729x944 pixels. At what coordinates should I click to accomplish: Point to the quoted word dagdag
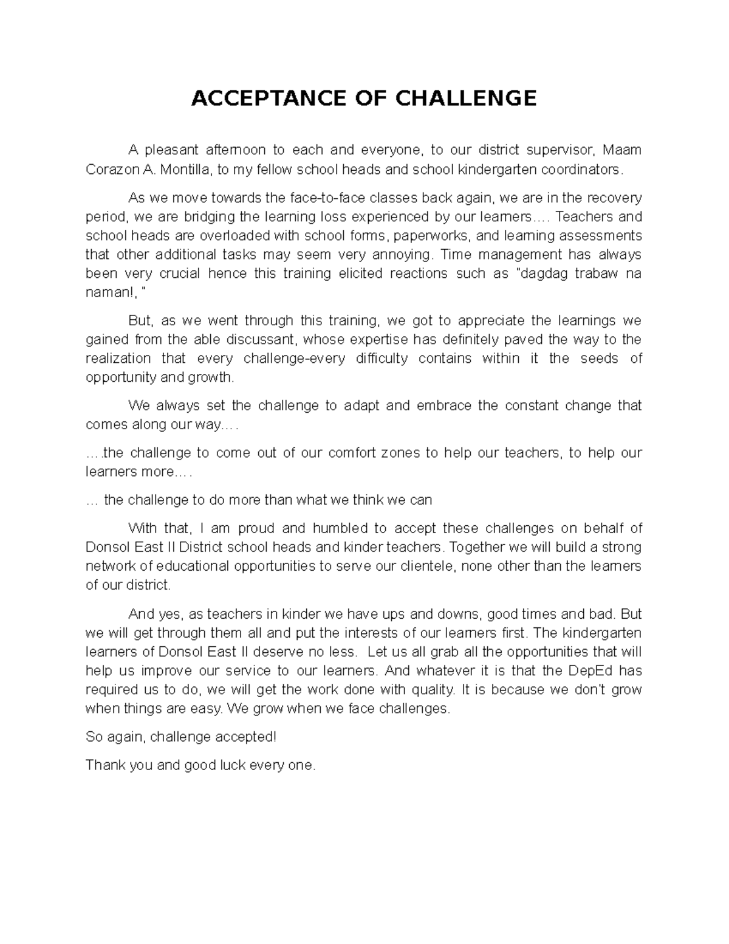[542, 274]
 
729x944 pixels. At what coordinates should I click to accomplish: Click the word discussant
[262, 340]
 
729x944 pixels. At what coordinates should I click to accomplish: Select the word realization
[118, 359]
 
